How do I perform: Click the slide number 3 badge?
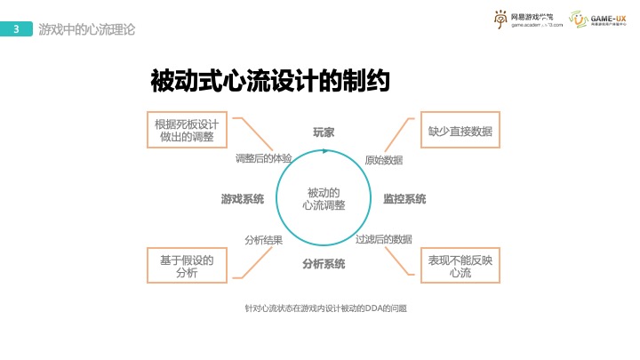click(17, 29)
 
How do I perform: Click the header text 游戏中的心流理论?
click(87, 29)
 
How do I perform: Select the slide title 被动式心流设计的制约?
click(272, 82)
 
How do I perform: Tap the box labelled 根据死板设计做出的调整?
click(187, 130)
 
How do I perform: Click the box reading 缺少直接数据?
click(460, 131)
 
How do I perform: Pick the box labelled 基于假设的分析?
click(187, 266)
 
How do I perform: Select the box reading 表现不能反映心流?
click(460, 266)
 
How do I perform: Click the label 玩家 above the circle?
click(324, 132)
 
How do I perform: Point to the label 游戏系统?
click(243, 199)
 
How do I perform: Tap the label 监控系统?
click(404, 199)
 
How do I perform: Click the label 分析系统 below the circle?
click(324, 264)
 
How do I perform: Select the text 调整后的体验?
click(263, 158)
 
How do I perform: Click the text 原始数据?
click(384, 160)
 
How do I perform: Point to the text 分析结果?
click(264, 239)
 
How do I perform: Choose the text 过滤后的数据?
click(384, 239)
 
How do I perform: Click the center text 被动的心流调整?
click(324, 199)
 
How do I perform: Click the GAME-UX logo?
click(595, 20)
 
